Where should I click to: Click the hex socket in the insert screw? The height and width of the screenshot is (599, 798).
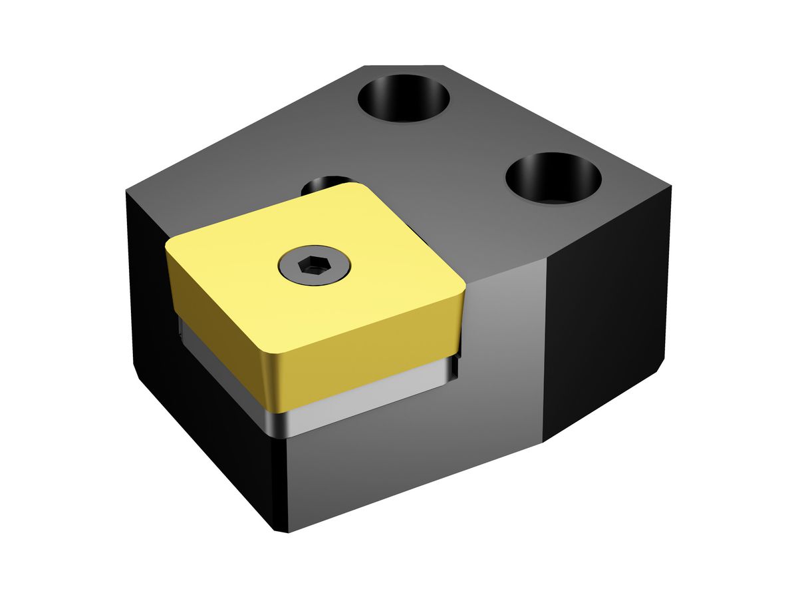(x=313, y=266)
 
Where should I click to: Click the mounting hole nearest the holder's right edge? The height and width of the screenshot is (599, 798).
(x=553, y=178)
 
